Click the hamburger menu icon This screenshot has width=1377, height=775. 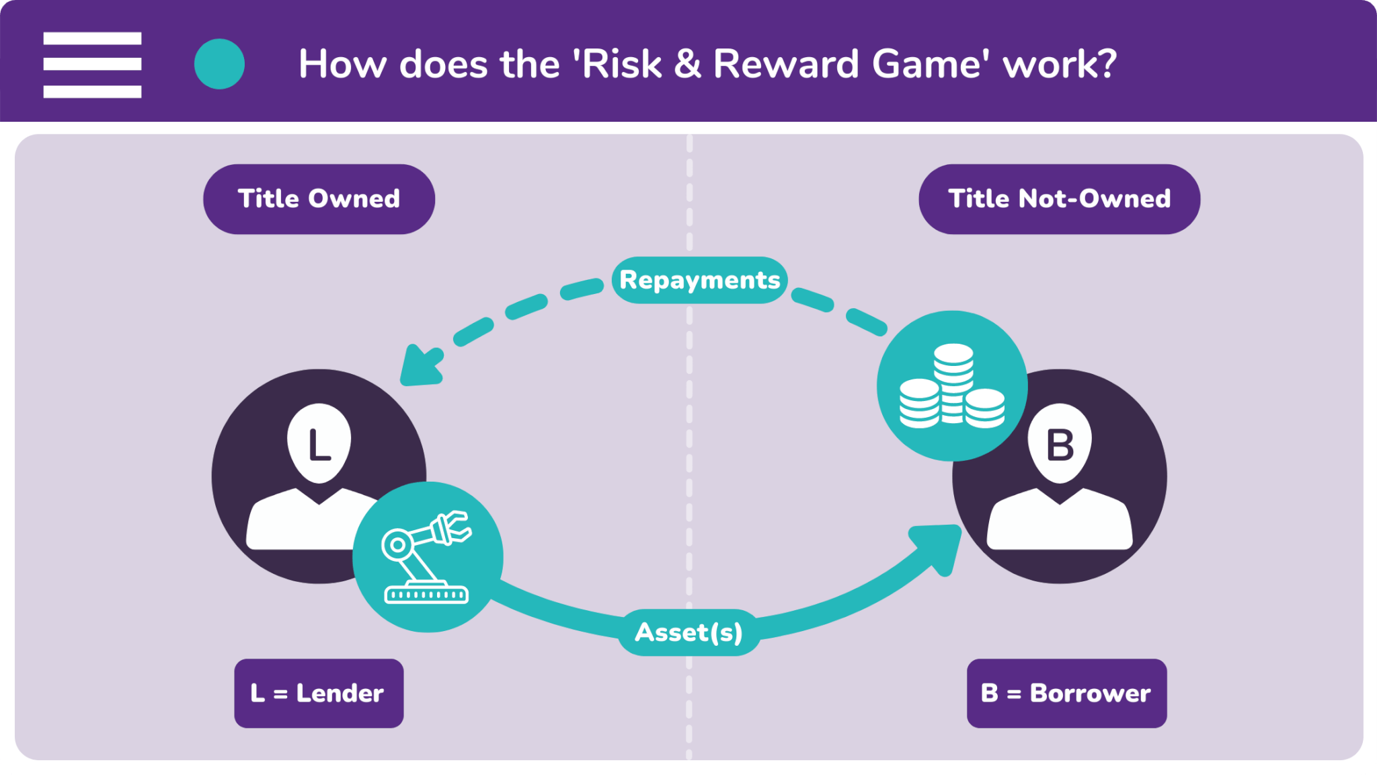pos(92,65)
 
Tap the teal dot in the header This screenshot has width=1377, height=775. pos(219,64)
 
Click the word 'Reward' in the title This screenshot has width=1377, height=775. pos(786,64)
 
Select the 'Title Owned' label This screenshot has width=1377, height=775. pos(319,199)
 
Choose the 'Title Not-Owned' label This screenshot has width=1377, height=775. pos(1059,199)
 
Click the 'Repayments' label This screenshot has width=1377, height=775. pos(699,280)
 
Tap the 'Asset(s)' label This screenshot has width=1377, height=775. pos(689,632)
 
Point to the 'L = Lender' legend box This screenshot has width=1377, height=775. pos(319,693)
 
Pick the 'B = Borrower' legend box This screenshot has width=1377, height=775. pos(1066,693)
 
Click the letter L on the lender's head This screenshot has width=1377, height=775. pos(319,445)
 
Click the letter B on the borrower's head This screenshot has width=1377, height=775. pos(1060,445)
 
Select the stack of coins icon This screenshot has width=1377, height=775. pos(952,385)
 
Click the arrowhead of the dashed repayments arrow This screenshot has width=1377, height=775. pos(420,367)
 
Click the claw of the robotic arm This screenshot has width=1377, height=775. pos(454,526)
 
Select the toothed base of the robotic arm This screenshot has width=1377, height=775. pos(426,595)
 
